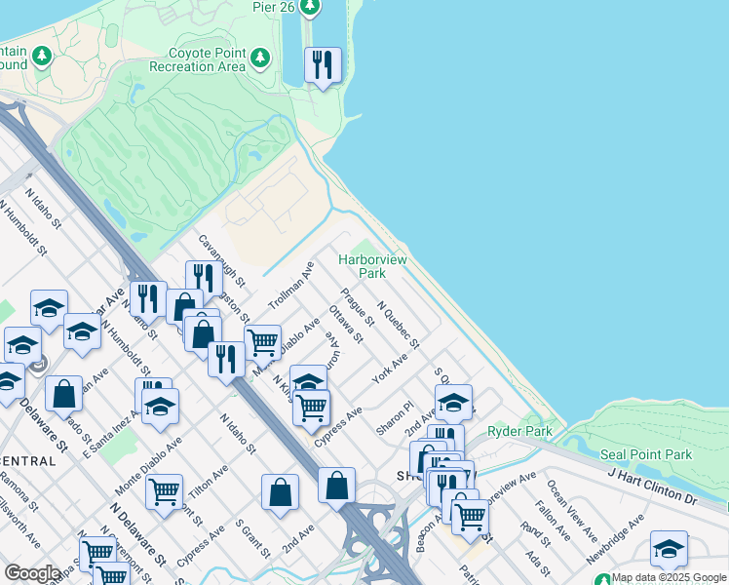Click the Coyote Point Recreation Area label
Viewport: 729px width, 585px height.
197,59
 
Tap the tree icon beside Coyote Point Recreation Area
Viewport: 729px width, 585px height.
260,58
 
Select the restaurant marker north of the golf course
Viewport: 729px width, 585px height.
323,66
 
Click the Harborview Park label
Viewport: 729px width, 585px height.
373,266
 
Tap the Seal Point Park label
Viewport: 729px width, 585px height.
646,454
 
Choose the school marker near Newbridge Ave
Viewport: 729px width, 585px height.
669,549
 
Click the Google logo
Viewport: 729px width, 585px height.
32,573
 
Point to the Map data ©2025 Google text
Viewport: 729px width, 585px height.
669,577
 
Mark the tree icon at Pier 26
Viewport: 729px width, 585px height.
310,8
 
